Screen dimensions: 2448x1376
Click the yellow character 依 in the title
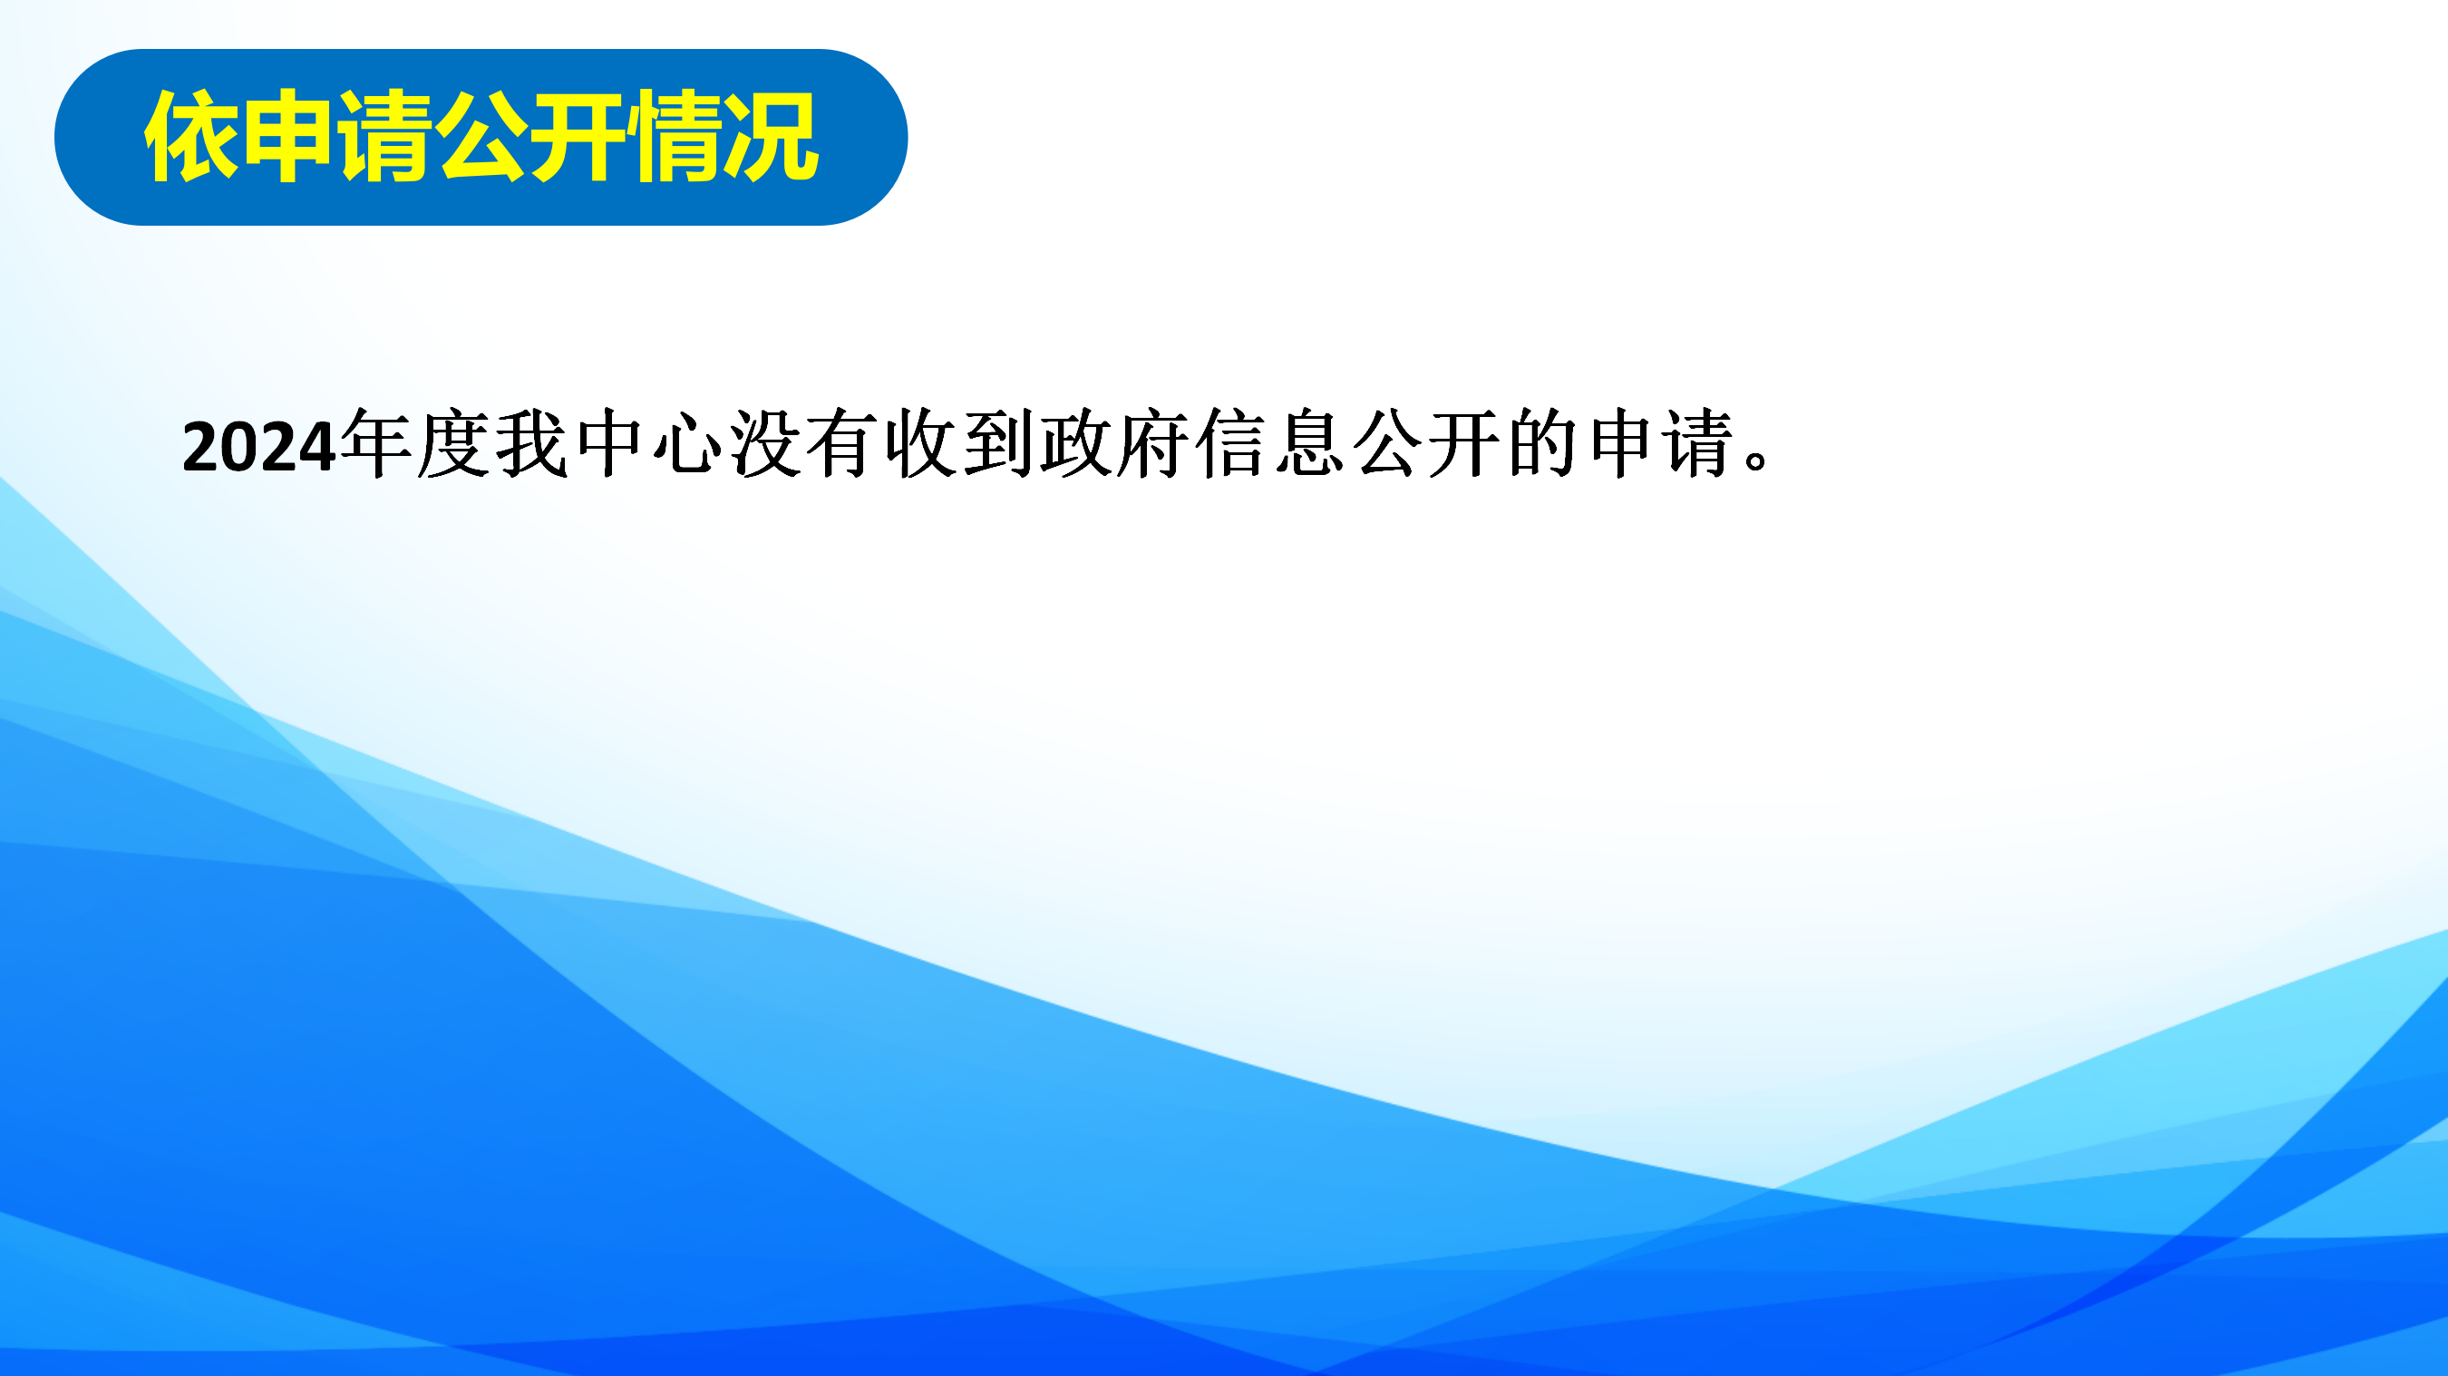coord(192,137)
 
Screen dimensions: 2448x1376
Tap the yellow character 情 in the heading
coord(674,137)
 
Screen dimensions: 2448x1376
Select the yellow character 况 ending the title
coord(771,137)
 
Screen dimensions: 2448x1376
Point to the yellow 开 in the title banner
coord(578,137)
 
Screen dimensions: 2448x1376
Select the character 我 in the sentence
coord(531,444)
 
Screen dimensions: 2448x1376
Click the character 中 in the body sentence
coord(609,444)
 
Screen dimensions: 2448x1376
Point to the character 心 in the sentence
coord(687,444)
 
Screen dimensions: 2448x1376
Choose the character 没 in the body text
coord(765,444)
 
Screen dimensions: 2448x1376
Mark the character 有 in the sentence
coord(843,444)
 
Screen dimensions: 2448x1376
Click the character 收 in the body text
coord(921,444)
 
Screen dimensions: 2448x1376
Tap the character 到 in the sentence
coord(999,444)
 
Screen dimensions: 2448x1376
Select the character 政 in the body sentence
coord(1077,444)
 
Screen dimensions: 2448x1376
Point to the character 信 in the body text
coord(1232,444)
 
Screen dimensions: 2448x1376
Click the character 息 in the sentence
coord(1310,444)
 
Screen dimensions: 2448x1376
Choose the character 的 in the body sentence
coord(1544,444)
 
